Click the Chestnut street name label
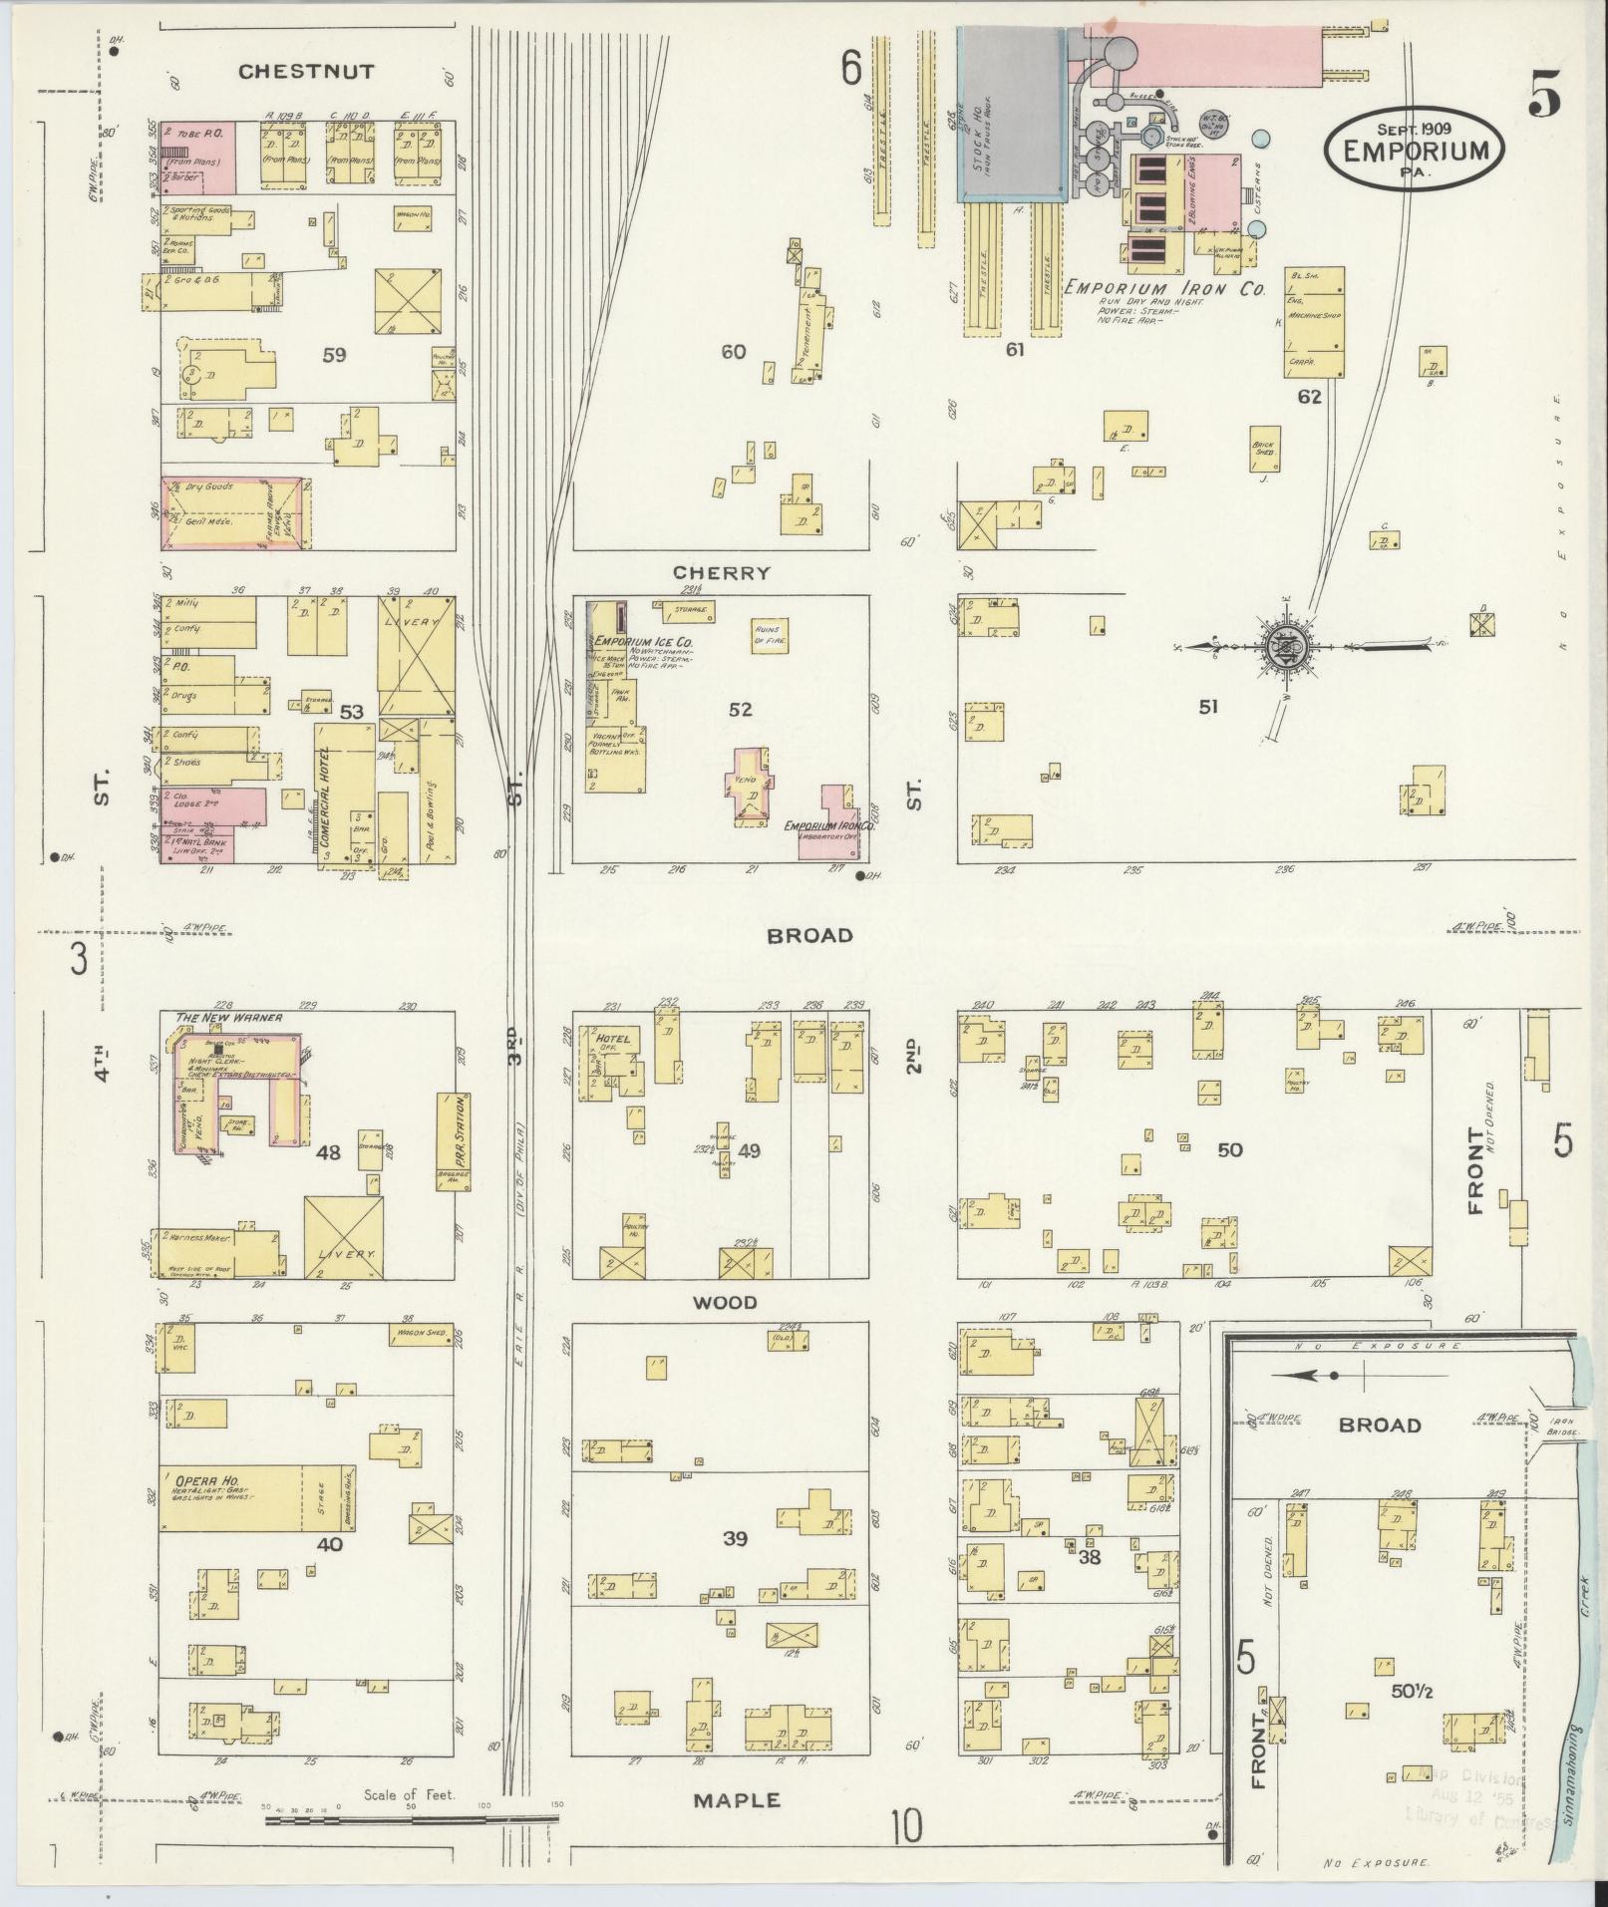coord(306,72)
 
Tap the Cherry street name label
coord(722,573)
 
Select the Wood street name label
coord(726,1302)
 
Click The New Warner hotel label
coord(228,1018)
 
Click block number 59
coord(334,354)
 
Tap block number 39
coord(735,1539)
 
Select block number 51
coord(1208,707)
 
